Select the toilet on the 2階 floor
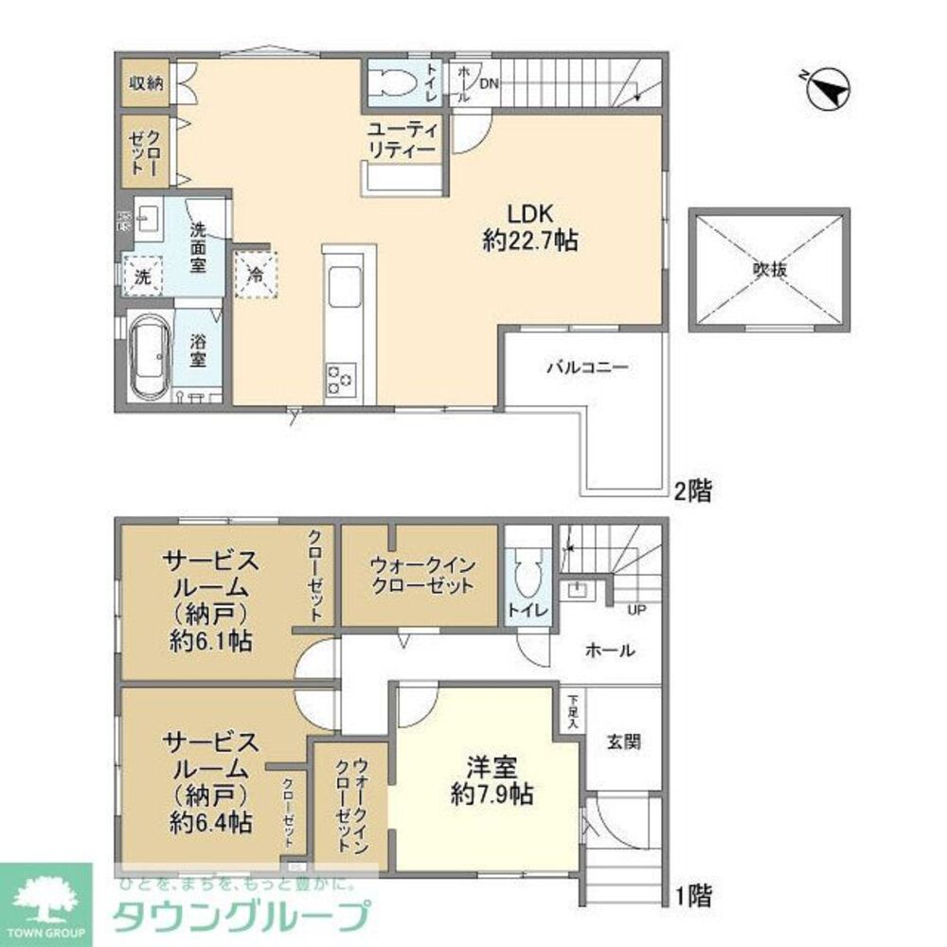pos(396,83)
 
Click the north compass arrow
pos(828,92)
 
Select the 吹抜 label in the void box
pos(770,269)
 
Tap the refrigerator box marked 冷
pos(256,275)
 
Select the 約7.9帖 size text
pos(490,795)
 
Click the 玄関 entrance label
pos(623,742)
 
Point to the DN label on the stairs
pos(489,83)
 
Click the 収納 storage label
pos(146,82)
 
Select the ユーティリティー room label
pos(402,140)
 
